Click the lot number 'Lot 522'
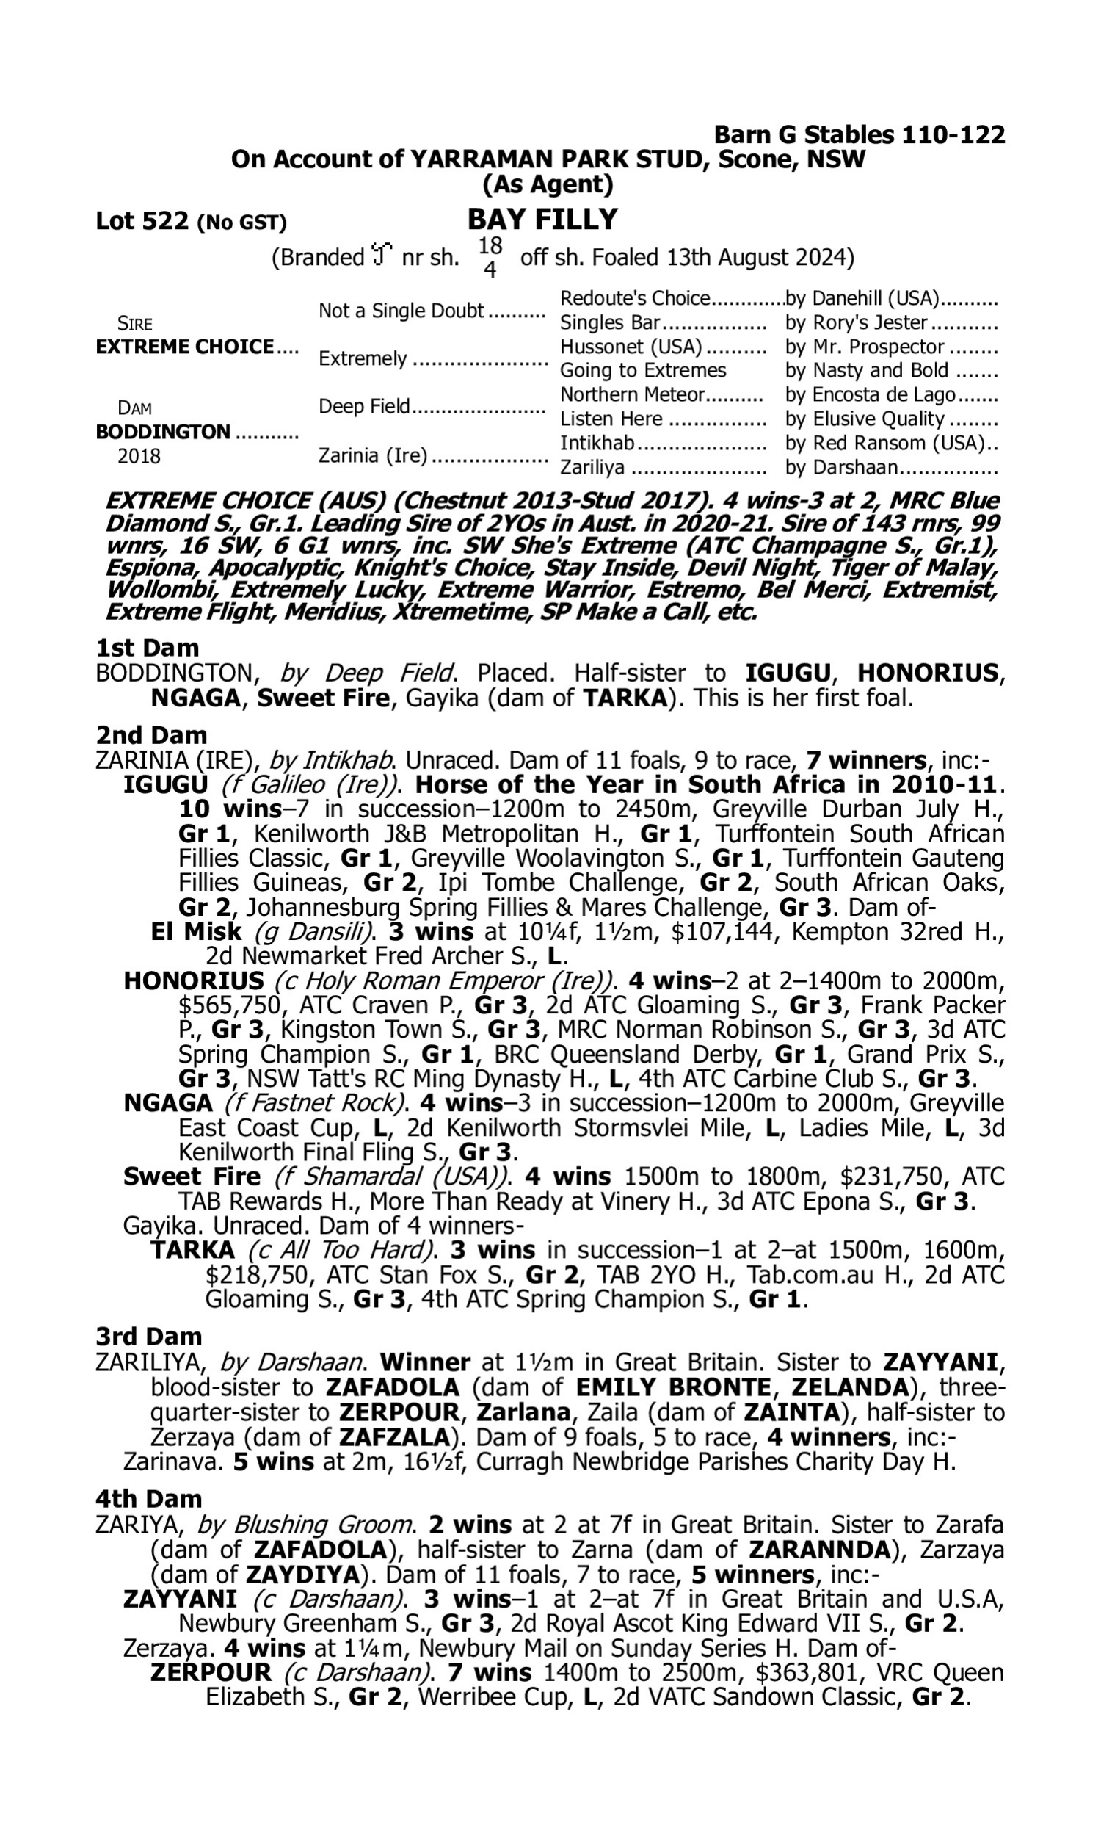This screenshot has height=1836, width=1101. tap(142, 221)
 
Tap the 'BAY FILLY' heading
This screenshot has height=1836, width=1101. tap(542, 220)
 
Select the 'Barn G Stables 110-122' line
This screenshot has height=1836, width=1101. tap(859, 135)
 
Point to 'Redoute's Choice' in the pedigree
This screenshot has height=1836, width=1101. tap(635, 298)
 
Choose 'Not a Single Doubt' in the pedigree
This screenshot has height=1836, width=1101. tap(401, 311)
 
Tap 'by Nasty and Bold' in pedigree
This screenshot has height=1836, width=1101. tap(867, 370)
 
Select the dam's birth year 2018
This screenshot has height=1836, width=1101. tap(139, 456)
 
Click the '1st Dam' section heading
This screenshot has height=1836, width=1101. tap(148, 648)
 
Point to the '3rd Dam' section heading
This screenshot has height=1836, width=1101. tap(149, 1337)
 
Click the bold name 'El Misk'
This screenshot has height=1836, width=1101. tap(197, 931)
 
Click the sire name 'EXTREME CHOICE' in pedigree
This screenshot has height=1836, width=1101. tap(185, 347)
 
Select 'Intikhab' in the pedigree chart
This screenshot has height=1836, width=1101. tap(597, 443)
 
